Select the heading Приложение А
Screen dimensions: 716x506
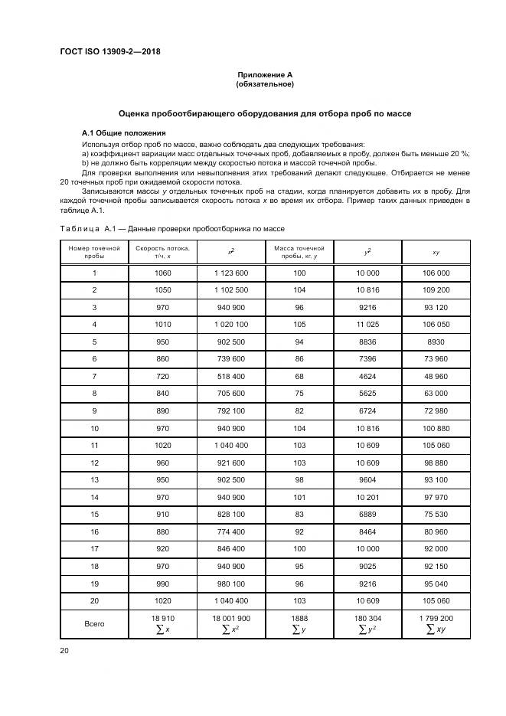tap(265, 74)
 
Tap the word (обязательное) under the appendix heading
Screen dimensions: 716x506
tap(265, 83)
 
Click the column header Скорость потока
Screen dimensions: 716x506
tap(162, 249)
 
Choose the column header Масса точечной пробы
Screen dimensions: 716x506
tap(299, 253)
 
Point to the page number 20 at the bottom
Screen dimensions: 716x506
tap(64, 649)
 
